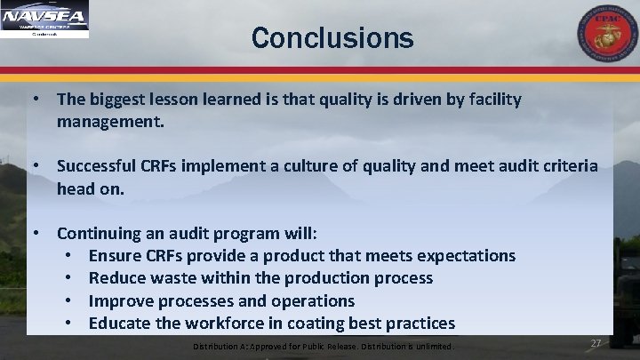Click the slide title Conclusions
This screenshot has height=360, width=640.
tap(332, 38)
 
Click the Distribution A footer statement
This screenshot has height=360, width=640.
tap(324, 346)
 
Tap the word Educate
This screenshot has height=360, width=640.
tap(121, 323)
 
